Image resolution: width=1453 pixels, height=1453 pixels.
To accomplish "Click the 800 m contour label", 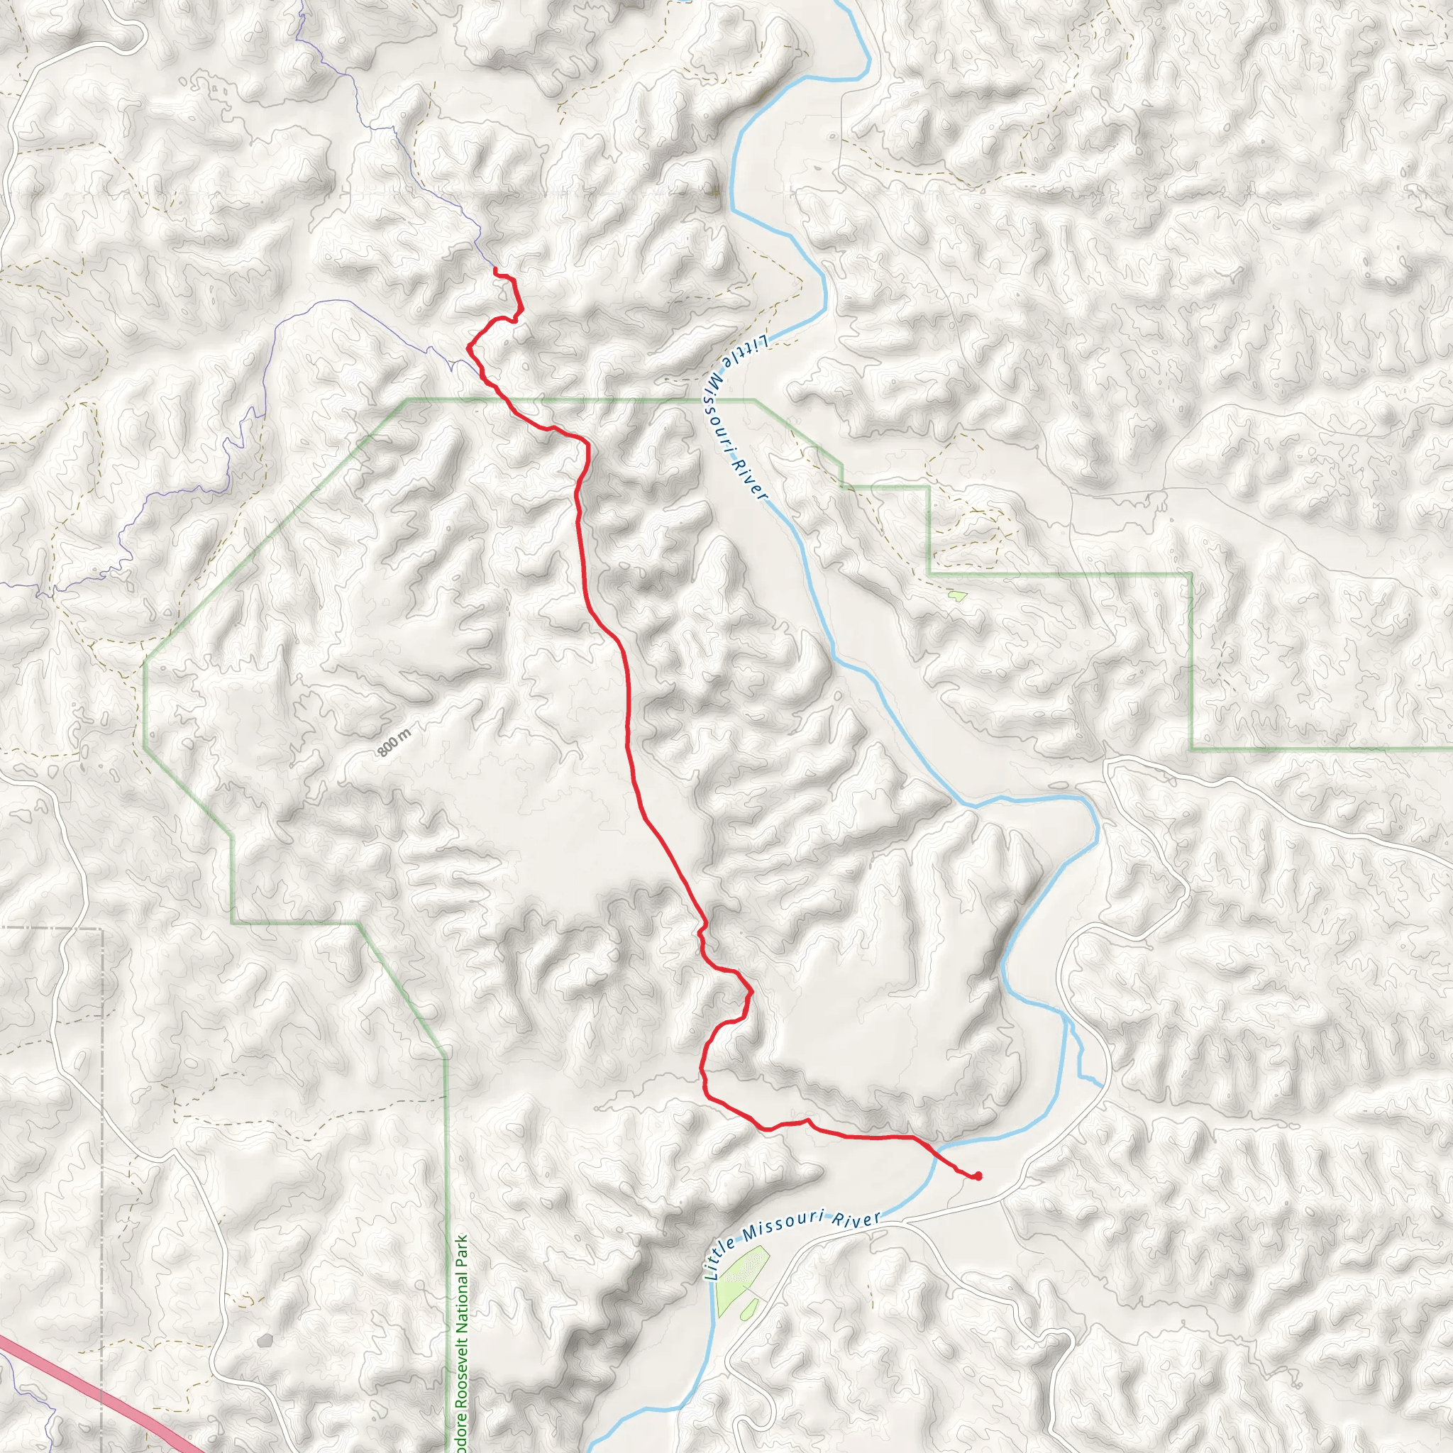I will point(394,743).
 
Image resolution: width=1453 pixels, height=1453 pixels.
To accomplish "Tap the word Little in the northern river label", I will point(744,352).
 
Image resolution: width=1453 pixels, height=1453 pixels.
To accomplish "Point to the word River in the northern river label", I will point(750,480).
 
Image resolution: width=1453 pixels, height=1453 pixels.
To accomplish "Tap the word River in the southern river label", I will point(856,1219).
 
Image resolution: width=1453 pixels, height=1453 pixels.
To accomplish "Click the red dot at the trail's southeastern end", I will point(977,1176).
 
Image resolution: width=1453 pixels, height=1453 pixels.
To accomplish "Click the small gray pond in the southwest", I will point(264,1340).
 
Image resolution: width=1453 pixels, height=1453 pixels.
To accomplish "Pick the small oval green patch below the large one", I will point(748,1310).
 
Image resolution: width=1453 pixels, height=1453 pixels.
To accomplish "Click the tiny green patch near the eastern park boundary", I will point(956,597).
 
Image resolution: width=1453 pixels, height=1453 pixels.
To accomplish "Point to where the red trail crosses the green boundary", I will point(502,399).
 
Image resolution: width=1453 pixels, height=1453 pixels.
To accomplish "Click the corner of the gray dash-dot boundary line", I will point(101,929).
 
